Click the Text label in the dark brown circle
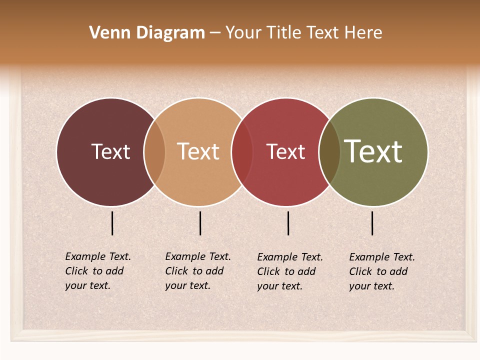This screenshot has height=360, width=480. (110, 151)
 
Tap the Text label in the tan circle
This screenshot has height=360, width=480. (198, 151)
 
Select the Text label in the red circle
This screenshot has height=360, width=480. (285, 151)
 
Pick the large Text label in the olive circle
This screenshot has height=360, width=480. (373, 151)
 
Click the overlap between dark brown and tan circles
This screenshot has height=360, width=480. (154, 151)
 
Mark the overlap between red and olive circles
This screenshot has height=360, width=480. (329, 151)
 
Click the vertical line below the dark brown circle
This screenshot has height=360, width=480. (112, 223)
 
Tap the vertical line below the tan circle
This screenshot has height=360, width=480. (200, 223)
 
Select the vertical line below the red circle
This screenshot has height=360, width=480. (288, 223)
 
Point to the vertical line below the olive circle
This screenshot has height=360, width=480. (372, 223)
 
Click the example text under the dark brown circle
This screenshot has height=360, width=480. (97, 271)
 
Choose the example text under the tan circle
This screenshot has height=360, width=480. (197, 271)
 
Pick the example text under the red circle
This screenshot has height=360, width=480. (289, 271)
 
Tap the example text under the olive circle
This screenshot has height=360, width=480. (381, 271)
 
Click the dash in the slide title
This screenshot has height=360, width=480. (215, 33)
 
